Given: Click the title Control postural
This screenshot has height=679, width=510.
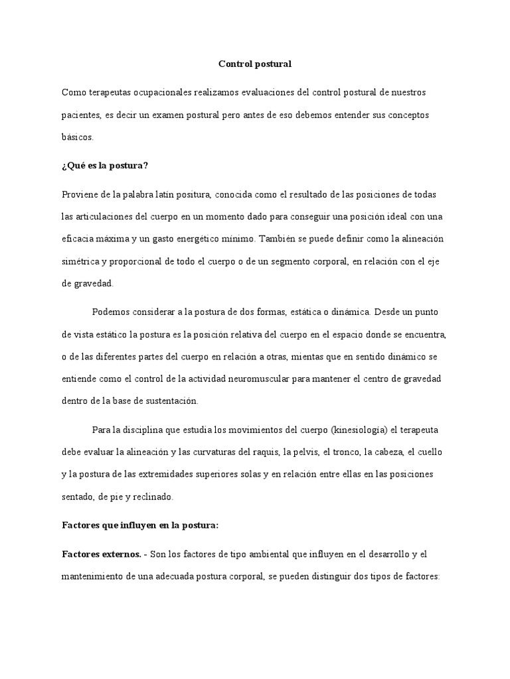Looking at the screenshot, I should click(x=255, y=64).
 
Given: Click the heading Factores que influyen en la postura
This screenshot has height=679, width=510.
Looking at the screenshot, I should click(x=139, y=525).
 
